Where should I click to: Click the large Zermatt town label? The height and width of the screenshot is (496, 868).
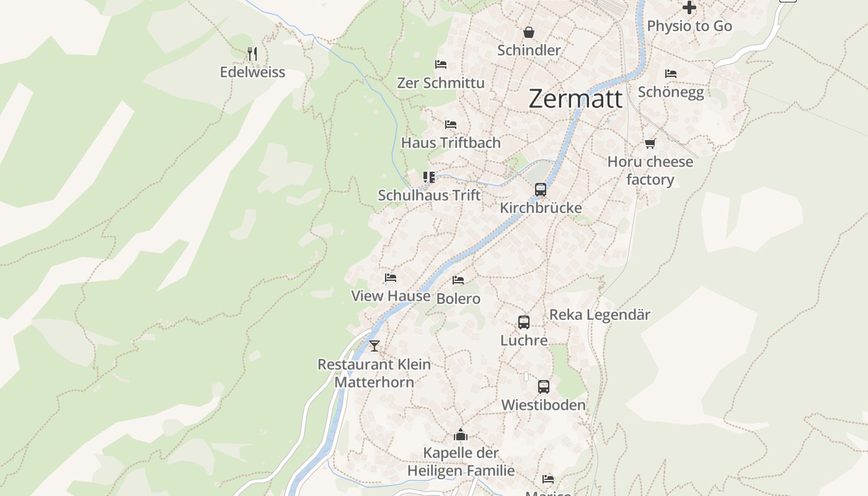click(x=575, y=99)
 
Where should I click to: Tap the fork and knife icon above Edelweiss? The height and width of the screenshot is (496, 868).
click(x=252, y=54)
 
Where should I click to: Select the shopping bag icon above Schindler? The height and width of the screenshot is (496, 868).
click(x=529, y=32)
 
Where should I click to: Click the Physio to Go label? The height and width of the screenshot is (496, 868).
click(x=689, y=26)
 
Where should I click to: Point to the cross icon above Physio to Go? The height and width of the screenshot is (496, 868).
click(x=689, y=8)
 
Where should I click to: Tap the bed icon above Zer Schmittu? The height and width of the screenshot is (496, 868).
click(x=441, y=64)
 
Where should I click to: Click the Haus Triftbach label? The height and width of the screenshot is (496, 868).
click(x=451, y=143)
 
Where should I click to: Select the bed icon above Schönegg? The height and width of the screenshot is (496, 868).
click(x=671, y=74)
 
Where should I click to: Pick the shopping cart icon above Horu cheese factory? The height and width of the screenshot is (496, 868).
click(x=650, y=144)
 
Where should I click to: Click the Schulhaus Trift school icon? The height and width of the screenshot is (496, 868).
click(x=429, y=177)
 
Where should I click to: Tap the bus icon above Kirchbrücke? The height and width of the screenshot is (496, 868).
click(x=541, y=190)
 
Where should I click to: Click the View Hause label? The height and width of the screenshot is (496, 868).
click(x=391, y=296)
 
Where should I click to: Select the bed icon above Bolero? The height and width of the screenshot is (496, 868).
click(x=458, y=280)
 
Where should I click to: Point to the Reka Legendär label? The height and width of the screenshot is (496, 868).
click(x=600, y=315)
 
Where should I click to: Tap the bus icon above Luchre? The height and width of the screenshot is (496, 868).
click(x=524, y=322)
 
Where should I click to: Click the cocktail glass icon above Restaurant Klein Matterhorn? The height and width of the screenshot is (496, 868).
click(x=374, y=346)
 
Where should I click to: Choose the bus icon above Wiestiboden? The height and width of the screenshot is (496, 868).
click(x=544, y=387)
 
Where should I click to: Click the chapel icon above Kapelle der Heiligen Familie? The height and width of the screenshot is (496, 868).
click(x=461, y=435)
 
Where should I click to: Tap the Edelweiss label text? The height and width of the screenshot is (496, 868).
click(x=252, y=72)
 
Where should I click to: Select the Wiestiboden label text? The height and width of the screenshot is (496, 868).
click(x=543, y=405)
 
